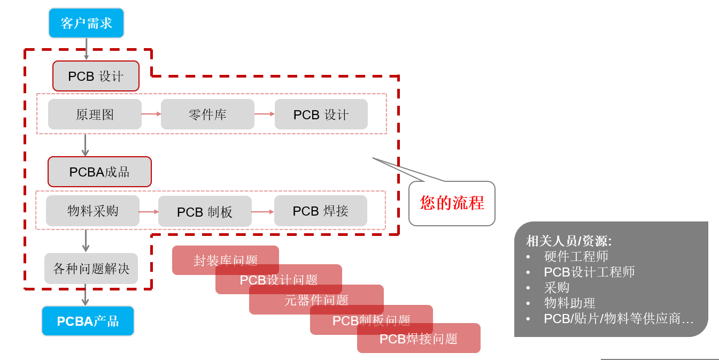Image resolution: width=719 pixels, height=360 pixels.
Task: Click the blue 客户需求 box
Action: (86, 23)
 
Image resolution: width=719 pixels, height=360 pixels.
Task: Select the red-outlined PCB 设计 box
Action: (96, 76)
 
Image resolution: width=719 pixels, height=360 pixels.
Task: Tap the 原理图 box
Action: (95, 114)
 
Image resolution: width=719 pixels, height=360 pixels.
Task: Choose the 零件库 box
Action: (207, 114)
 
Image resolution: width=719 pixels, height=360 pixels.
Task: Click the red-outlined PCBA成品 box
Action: (99, 172)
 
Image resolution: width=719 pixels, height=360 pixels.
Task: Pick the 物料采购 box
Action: (92, 211)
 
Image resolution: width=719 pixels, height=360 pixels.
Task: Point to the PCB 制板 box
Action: (205, 212)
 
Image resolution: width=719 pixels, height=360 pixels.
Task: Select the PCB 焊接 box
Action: (320, 211)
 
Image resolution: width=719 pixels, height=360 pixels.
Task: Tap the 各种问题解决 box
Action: (91, 269)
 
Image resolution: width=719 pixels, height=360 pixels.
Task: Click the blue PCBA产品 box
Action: (88, 321)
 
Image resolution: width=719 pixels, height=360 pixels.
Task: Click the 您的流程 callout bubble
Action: (452, 203)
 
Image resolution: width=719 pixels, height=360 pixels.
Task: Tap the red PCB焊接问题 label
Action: (419, 339)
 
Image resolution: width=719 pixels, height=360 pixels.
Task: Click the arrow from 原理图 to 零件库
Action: (151, 114)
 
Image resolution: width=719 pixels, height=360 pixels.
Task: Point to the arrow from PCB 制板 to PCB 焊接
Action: (262, 212)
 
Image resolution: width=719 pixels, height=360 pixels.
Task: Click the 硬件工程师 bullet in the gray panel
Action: (576, 257)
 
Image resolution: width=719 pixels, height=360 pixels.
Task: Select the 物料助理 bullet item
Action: (569, 303)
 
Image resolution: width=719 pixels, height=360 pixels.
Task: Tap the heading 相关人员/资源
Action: (569, 241)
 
